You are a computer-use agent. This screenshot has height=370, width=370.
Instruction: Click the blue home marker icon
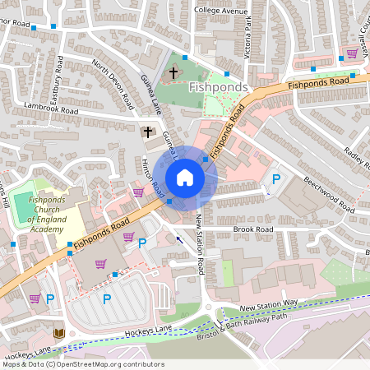pyautogui.click(x=185, y=178)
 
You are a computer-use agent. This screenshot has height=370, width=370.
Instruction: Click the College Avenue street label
pyautogui.click(x=220, y=11)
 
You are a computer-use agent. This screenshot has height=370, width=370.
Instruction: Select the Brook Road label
pyautogui.click(x=252, y=229)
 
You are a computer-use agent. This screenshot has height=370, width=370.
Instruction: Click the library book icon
pyautogui.click(x=58, y=333)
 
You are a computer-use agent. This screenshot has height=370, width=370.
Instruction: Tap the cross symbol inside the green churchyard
pyautogui.click(x=173, y=73)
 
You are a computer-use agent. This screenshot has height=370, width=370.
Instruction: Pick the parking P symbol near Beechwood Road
pyautogui.click(x=276, y=178)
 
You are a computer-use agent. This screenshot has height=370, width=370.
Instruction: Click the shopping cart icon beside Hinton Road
pyautogui.click(x=138, y=192)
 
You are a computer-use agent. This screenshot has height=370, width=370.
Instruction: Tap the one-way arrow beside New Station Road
pyautogui.click(x=179, y=240)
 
